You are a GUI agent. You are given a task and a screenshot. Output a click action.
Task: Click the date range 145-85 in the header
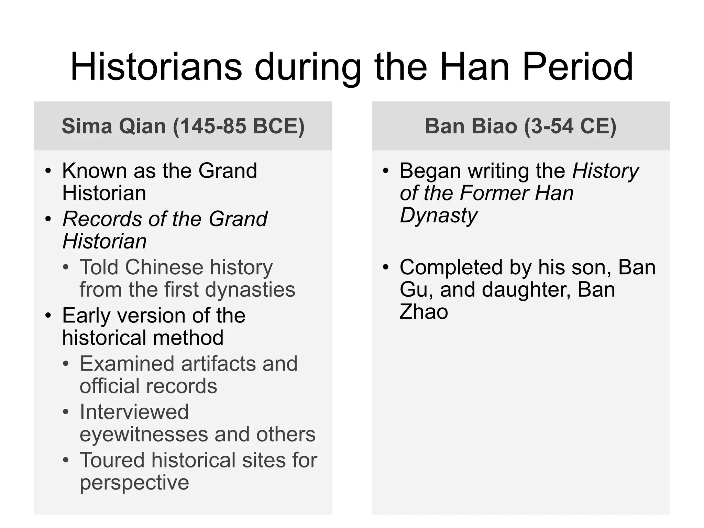coord(213,126)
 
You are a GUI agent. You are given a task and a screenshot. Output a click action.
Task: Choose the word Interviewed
coord(134,412)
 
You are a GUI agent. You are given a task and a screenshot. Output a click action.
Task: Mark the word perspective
coord(134,483)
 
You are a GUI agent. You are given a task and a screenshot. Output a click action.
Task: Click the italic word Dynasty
coord(439,216)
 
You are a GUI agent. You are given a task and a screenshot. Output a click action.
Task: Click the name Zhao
coord(423,312)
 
